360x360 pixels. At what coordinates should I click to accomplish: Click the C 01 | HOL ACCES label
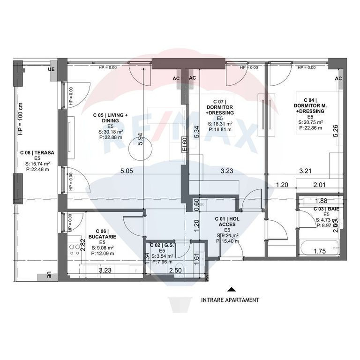tap(227, 222)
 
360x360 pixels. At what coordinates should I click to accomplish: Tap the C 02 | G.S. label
tap(161, 245)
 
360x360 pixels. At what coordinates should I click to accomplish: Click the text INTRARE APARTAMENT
tap(230, 300)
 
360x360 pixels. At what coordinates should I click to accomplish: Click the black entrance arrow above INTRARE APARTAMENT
tap(230, 289)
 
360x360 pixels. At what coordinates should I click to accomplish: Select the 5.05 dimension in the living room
tap(127, 171)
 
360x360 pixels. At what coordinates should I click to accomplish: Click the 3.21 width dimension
tap(306, 171)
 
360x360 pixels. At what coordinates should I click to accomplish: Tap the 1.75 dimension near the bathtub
tap(320, 251)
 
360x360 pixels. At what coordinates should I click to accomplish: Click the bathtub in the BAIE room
tap(319, 247)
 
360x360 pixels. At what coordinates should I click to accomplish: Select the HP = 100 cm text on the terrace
tap(20, 120)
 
